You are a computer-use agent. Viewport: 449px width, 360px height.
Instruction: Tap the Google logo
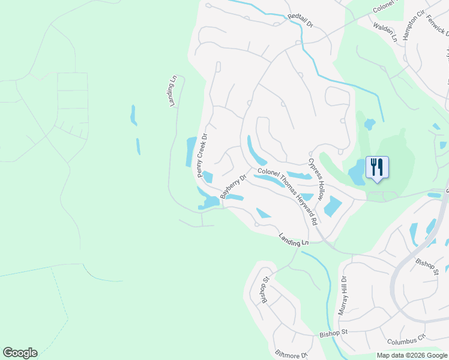click(x=20, y=353)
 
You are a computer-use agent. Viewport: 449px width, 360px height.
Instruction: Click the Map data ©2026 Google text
click(x=412, y=355)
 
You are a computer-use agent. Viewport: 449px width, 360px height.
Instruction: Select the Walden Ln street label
click(x=385, y=32)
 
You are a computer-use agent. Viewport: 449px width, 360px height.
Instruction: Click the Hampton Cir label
click(x=413, y=25)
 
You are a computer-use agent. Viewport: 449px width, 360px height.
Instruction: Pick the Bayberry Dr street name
click(x=234, y=187)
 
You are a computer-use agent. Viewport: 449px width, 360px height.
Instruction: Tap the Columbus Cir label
click(x=406, y=341)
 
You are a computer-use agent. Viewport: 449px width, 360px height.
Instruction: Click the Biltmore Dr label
click(x=291, y=355)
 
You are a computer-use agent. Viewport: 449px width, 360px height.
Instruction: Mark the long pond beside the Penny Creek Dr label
click(x=191, y=151)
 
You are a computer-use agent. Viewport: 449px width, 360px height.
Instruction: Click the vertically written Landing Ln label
click(x=173, y=91)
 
